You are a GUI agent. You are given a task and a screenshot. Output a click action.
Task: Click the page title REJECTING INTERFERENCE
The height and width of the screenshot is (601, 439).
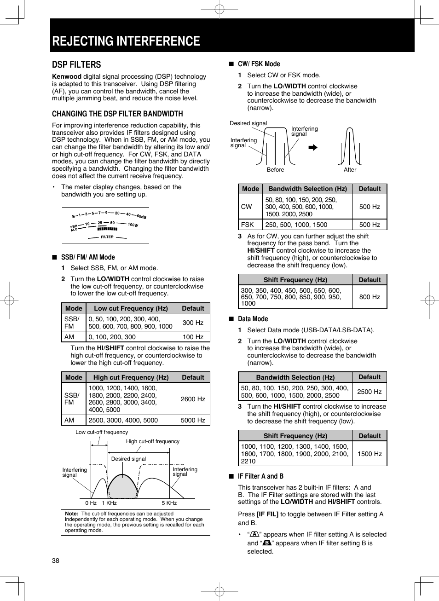tap(126, 41)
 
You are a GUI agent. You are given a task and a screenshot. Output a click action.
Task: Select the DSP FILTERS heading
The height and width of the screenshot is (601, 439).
tap(76, 65)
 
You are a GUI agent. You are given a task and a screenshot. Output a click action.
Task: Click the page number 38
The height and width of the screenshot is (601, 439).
tap(56, 561)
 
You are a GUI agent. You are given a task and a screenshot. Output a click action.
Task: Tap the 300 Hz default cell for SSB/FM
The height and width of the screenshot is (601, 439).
tap(193, 323)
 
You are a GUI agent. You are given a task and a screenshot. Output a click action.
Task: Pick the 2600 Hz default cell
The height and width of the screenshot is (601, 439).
tap(193, 399)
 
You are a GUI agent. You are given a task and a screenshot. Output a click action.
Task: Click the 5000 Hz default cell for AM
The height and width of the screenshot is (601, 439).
tap(193, 420)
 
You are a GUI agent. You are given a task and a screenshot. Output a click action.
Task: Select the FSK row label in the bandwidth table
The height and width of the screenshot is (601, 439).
tap(248, 225)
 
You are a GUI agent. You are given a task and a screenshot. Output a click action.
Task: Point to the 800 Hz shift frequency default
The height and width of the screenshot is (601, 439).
tap(370, 297)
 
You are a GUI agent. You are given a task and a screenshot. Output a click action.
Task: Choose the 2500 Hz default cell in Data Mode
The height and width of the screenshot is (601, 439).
tap(370, 392)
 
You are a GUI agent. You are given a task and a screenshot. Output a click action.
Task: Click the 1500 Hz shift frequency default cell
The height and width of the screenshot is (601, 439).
tap(370, 454)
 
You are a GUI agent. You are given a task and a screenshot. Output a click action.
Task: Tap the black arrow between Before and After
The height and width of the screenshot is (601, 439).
tap(313, 148)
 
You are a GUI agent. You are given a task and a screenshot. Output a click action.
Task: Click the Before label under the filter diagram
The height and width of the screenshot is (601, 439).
tap(275, 170)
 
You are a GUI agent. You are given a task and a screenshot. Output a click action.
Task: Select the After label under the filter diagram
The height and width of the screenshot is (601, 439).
tap(350, 170)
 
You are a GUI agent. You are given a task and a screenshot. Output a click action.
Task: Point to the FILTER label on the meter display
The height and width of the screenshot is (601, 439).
tap(107, 237)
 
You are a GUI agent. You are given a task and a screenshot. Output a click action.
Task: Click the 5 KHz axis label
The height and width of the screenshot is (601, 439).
tap(169, 503)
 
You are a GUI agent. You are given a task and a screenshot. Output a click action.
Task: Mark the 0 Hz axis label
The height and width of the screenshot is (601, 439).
tap(91, 503)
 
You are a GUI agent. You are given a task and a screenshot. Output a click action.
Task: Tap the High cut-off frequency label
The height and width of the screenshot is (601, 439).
tap(153, 441)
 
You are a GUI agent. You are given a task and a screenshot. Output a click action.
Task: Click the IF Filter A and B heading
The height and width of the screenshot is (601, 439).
tap(260, 476)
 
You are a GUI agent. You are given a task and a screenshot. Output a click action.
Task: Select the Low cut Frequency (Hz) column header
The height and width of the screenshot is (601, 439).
tap(131, 308)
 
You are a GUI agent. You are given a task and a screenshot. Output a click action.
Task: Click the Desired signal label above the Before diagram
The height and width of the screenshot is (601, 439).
tap(248, 123)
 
